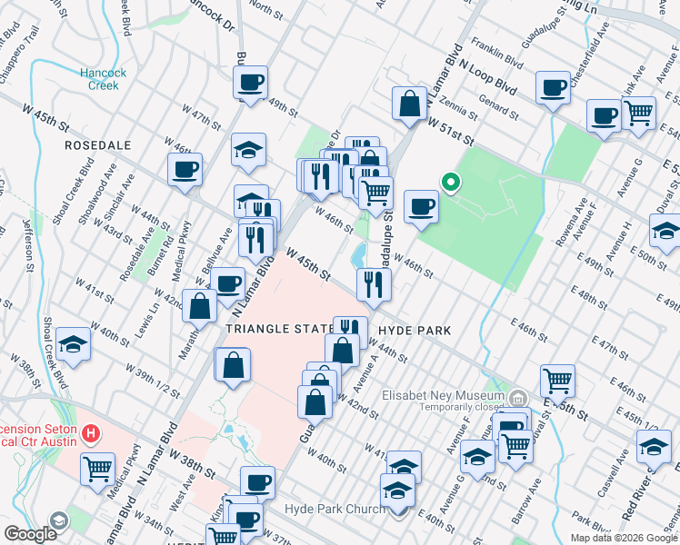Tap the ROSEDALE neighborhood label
pos(98,145)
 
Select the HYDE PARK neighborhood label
pos(415,332)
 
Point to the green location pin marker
pos(449,183)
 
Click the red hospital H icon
pos(89,434)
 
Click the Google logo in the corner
pos(30,534)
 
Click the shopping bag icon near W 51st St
pos(410,103)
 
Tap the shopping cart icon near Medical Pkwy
pos(97,470)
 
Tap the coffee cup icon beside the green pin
pos(421,206)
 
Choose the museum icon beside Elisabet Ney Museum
pos(517,397)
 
